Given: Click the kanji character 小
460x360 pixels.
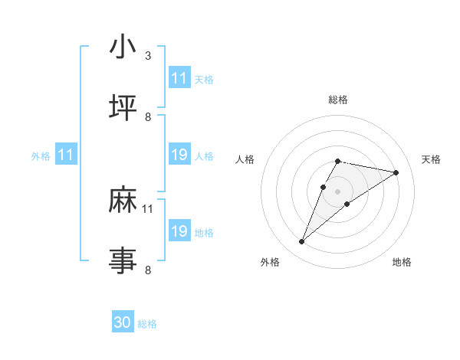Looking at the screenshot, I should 123,47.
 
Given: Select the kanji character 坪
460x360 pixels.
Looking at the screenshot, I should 123,106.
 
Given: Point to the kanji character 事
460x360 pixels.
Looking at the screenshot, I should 123,259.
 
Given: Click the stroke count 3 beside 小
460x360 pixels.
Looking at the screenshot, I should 148,56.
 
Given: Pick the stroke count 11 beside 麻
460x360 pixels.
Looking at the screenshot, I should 148,208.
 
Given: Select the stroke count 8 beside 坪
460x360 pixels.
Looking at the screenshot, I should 148,116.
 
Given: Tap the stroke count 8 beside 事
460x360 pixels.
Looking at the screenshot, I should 148,269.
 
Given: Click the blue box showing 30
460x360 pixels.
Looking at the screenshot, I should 123,322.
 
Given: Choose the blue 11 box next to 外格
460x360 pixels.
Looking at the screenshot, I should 66,155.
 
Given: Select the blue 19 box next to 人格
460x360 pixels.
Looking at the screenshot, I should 179,155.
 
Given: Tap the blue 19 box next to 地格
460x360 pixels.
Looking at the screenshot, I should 179,231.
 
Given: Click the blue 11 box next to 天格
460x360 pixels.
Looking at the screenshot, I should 179,78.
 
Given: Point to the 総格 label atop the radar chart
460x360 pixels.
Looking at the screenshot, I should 338,100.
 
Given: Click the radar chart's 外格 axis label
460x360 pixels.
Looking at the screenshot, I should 270,262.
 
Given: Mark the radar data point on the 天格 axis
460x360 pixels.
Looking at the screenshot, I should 396,173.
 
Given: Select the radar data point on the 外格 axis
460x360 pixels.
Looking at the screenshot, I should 301,242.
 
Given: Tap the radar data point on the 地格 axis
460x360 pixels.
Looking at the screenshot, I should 347,203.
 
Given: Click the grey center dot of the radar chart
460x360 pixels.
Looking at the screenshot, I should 337,191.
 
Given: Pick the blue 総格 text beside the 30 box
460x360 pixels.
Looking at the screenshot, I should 148,324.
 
